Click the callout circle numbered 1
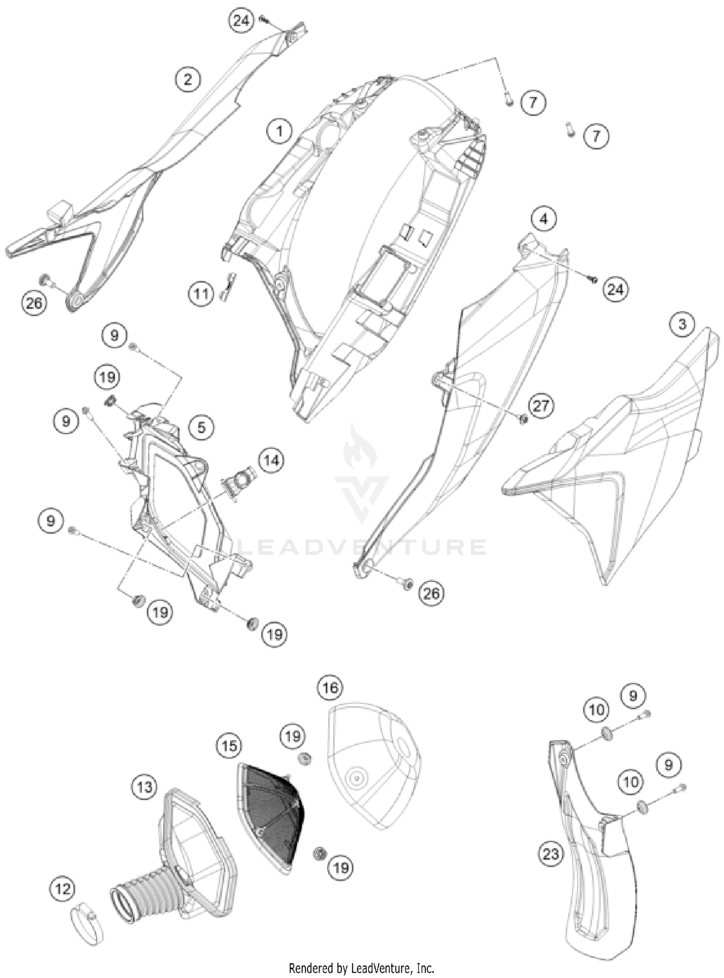(x=279, y=130)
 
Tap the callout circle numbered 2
(x=188, y=79)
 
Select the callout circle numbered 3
(x=682, y=324)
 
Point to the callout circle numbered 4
(x=543, y=219)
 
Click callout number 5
(x=202, y=427)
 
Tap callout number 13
(x=144, y=787)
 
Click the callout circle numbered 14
(x=271, y=460)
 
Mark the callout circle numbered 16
(x=330, y=688)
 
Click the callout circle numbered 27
(x=541, y=405)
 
